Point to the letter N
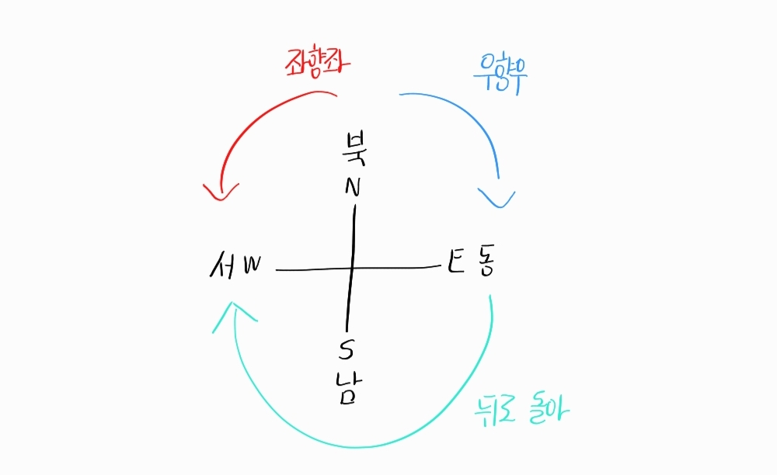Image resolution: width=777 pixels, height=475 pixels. coord(354,187)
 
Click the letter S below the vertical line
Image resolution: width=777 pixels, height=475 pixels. coord(346,351)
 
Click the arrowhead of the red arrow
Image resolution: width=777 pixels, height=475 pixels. coord(221,194)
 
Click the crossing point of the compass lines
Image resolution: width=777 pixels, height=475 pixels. coord(352,269)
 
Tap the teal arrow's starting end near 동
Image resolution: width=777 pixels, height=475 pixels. coord(491,296)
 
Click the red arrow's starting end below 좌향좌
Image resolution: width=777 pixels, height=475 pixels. coord(336,95)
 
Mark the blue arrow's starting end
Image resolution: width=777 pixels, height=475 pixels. coord(401,95)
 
